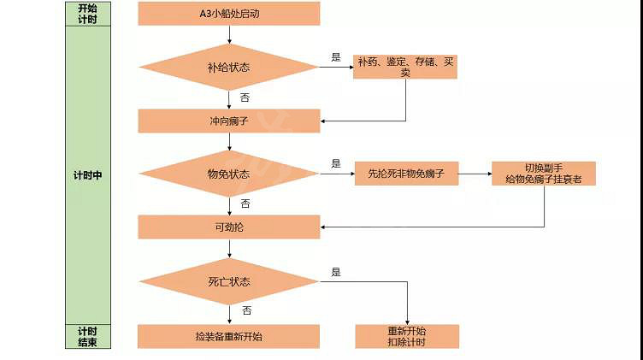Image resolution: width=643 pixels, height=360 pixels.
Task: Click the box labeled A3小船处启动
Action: pyautogui.click(x=229, y=14)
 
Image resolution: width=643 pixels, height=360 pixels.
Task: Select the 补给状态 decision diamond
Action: pyautogui.click(x=229, y=67)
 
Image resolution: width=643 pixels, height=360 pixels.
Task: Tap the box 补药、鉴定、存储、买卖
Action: pyautogui.click(x=405, y=67)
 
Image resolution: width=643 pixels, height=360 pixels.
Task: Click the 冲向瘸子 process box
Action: pyautogui.click(x=229, y=121)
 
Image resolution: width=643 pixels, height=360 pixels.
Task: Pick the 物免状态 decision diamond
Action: pyautogui.click(x=229, y=174)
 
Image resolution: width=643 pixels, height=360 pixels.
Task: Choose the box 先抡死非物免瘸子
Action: pyautogui.click(x=405, y=174)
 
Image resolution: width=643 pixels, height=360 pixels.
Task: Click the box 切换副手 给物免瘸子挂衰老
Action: pyautogui.click(x=544, y=174)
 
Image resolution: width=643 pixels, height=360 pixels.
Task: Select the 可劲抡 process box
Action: pyautogui.click(x=229, y=227)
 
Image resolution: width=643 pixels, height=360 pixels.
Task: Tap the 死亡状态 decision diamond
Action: pyautogui.click(x=229, y=281)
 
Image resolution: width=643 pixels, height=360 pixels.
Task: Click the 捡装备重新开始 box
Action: pyautogui.click(x=229, y=336)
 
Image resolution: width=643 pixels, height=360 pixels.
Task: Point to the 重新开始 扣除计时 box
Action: pyautogui.click(x=407, y=336)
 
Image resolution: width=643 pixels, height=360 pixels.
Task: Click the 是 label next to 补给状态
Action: pyautogui.click(x=336, y=57)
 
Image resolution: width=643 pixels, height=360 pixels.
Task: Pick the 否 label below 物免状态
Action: pyautogui.click(x=245, y=204)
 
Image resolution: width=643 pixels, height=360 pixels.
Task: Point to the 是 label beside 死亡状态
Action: pyautogui.click(x=336, y=272)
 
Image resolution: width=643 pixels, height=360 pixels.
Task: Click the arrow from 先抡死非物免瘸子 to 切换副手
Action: pyautogui.click(x=474, y=174)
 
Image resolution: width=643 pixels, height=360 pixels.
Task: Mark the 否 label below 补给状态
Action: pyautogui.click(x=245, y=97)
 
